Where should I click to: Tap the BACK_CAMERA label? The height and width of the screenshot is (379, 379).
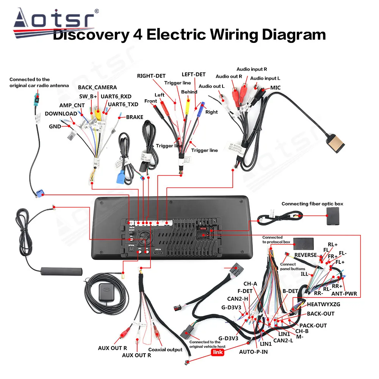pyautogui.click(x=97, y=88)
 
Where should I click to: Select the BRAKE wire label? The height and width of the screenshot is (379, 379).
pyautogui.click(x=135, y=117)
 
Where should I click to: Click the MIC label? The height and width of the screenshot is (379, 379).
pyautogui.click(x=275, y=88)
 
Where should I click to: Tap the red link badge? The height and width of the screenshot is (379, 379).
pyautogui.click(x=218, y=352)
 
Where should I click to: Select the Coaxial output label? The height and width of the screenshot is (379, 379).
pyautogui.click(x=165, y=349)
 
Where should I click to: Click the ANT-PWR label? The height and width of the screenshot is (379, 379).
pyautogui.click(x=344, y=293)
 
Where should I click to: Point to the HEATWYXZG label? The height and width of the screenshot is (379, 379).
pyautogui.click(x=323, y=304)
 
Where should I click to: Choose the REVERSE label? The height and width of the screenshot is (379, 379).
pyautogui.click(x=305, y=255)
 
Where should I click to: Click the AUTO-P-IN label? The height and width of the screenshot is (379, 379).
pyautogui.click(x=254, y=351)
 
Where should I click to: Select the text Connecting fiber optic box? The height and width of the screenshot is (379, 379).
pyautogui.click(x=312, y=204)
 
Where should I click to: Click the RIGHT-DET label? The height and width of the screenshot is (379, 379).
pyautogui.click(x=151, y=76)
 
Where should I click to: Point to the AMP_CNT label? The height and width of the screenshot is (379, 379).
pyautogui.click(x=71, y=105)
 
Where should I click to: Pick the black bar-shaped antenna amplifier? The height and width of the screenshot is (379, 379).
pyautogui.click(x=61, y=271)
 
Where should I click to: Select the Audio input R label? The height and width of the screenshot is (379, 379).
pyautogui.click(x=252, y=69)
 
